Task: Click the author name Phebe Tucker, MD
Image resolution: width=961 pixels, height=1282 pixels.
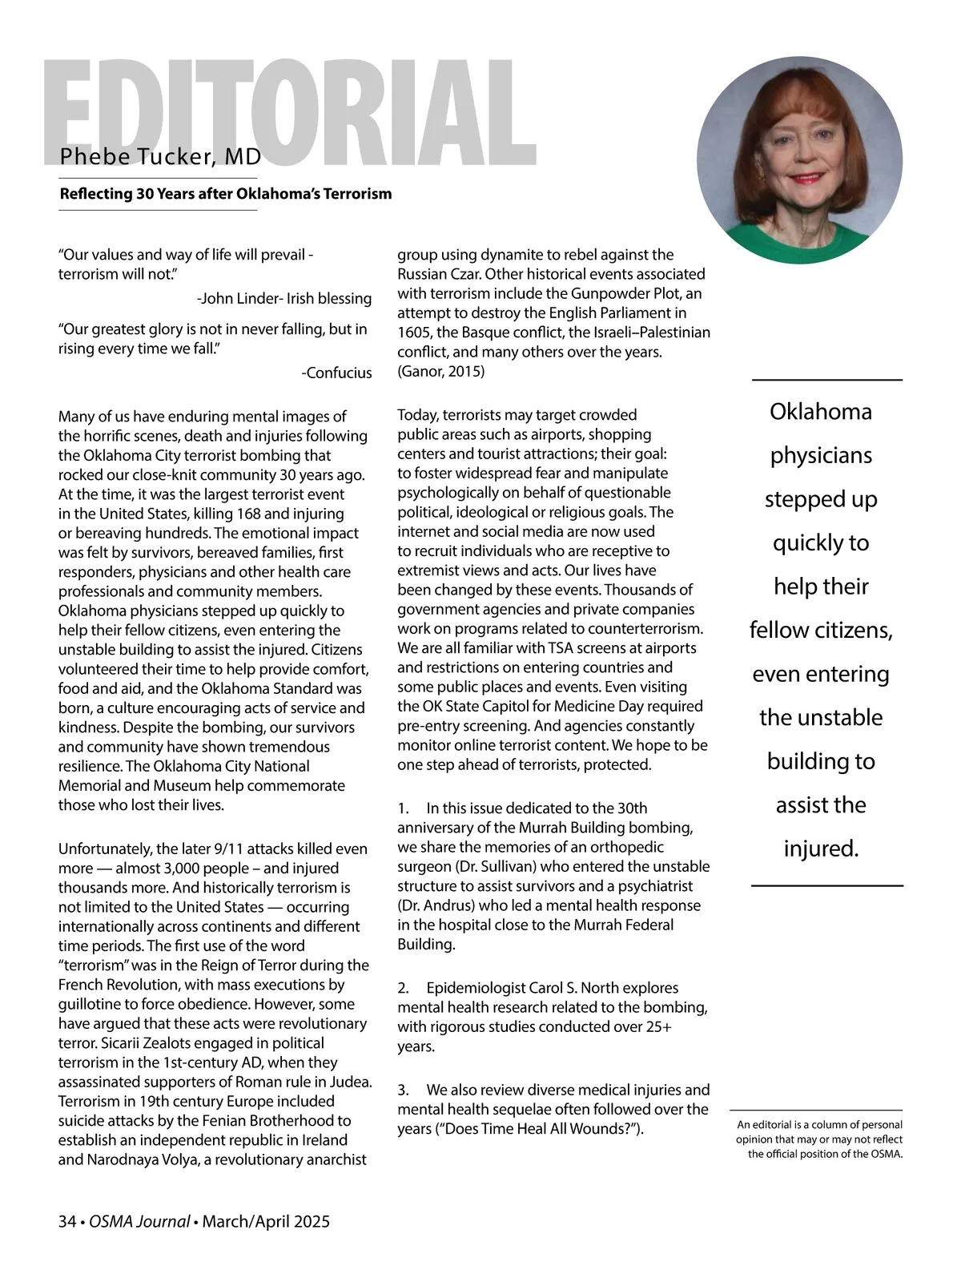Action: coord(160,156)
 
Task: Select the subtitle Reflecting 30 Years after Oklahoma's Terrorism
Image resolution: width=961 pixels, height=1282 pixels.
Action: coord(225,194)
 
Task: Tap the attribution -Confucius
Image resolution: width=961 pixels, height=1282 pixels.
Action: coord(337,373)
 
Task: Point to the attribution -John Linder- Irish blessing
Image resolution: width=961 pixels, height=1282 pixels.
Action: coord(283,299)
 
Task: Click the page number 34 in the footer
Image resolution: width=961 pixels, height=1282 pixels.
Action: coord(66,1222)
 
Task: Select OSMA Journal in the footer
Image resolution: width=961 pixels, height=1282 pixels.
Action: coord(139,1222)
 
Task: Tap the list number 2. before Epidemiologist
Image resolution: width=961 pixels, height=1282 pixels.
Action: coord(404,988)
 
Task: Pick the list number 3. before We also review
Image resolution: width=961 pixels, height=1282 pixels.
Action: coord(404,1090)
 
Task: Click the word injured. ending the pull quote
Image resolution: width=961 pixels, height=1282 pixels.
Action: coord(821,849)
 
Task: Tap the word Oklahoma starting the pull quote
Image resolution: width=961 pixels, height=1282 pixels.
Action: coord(821,412)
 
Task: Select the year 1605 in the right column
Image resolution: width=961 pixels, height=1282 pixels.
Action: coord(413,333)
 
